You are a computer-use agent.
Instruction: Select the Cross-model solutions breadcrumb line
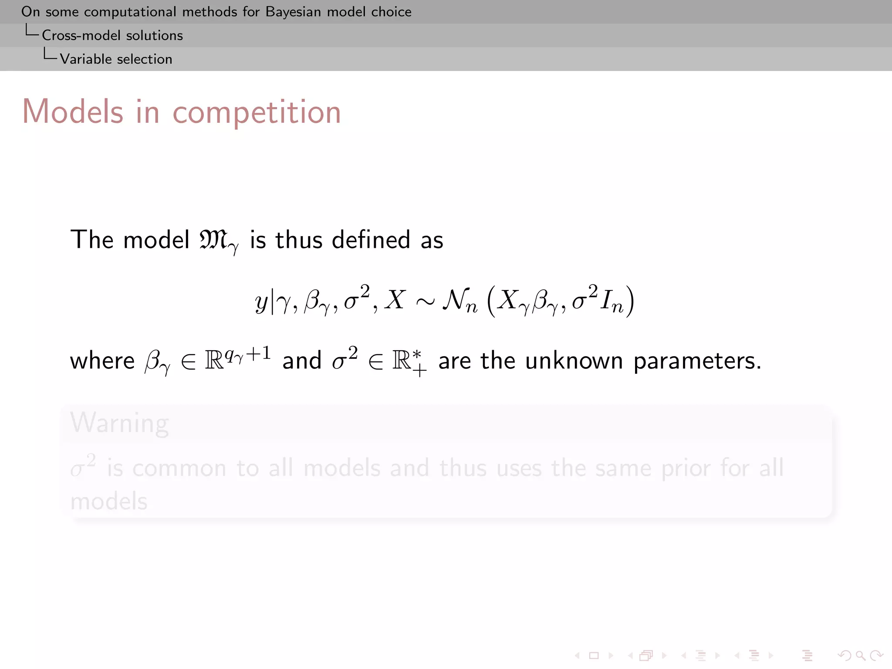(112, 35)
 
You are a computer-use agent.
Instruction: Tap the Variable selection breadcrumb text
(116, 59)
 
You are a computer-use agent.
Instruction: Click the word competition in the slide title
(257, 112)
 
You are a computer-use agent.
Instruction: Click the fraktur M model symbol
(213, 240)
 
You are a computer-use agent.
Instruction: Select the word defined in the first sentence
(371, 240)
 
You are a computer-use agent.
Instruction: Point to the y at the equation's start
(261, 302)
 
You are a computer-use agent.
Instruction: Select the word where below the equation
(102, 361)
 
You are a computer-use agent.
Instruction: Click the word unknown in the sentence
(574, 361)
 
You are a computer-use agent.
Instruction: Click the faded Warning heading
(119, 423)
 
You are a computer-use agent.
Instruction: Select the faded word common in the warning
(179, 469)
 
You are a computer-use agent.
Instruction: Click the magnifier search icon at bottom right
(860, 655)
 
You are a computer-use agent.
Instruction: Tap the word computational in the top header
(130, 12)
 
